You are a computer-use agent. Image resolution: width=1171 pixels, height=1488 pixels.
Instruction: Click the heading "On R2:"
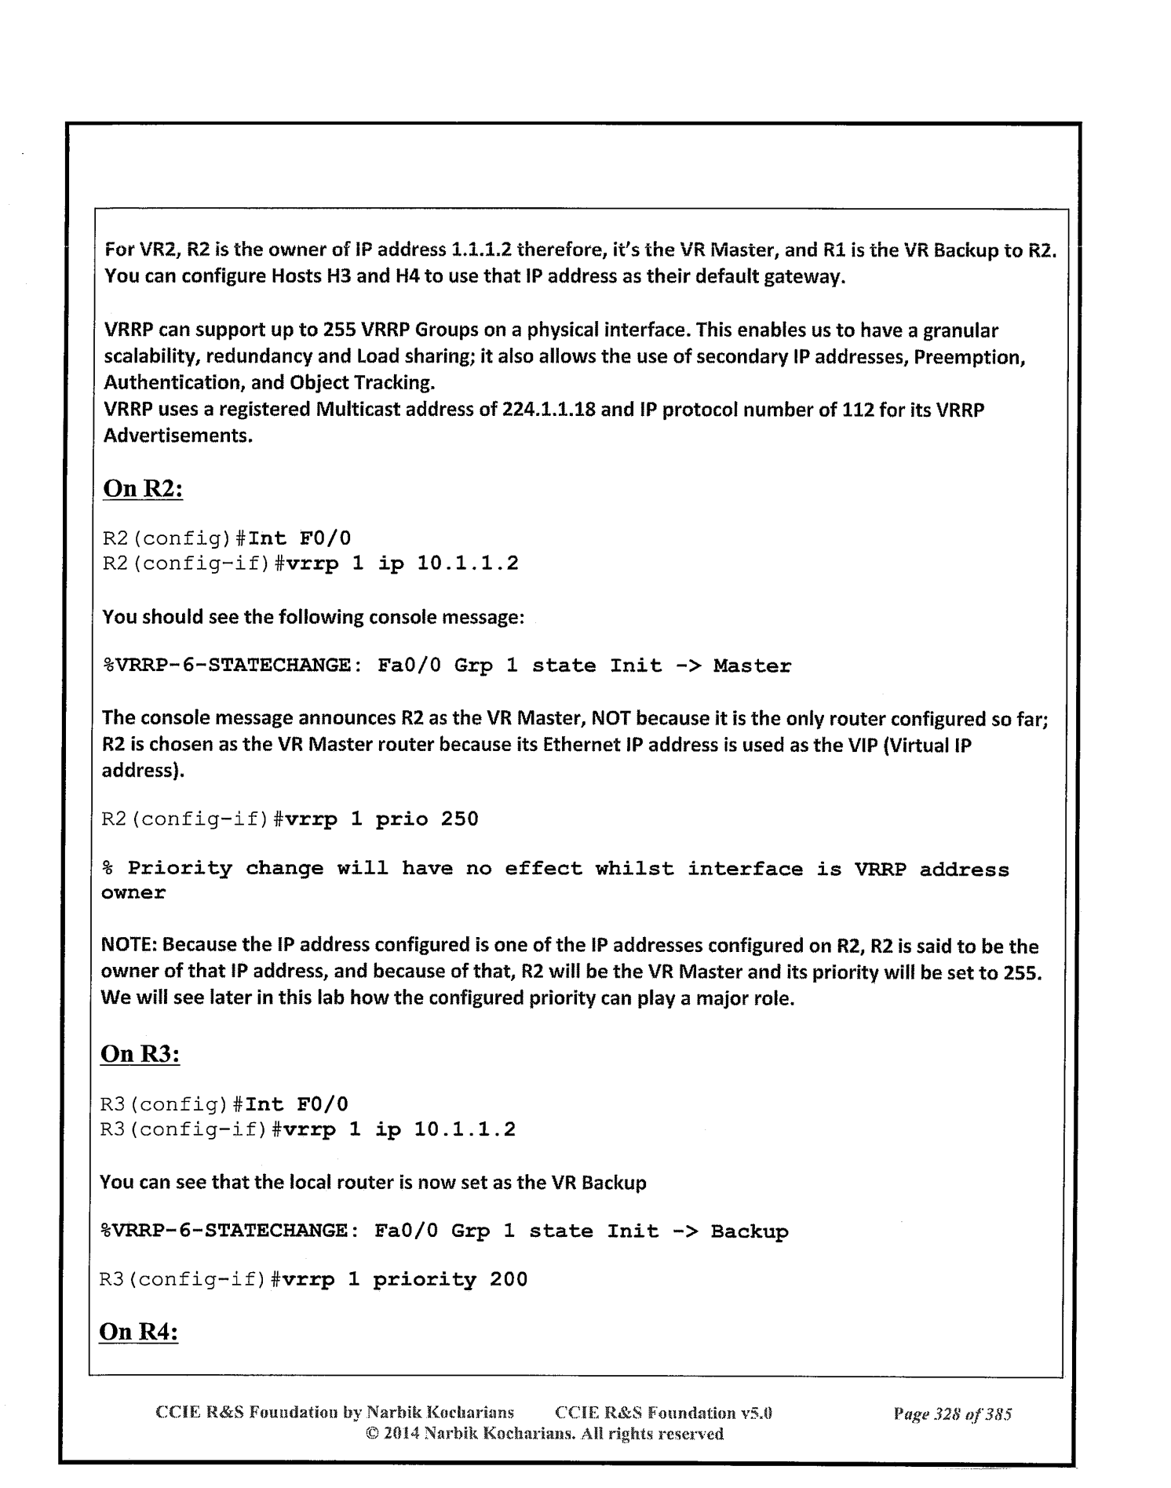(x=143, y=488)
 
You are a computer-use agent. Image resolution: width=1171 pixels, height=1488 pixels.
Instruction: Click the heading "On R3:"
(x=140, y=1053)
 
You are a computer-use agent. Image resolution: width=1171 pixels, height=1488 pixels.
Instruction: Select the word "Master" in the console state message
(x=752, y=666)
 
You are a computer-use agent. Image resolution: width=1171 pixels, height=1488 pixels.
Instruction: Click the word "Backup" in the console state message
(x=749, y=1231)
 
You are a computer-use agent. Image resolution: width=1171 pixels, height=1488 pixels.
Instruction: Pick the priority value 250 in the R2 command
(x=459, y=819)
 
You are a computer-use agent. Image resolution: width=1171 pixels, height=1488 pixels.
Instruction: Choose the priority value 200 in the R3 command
(x=509, y=1280)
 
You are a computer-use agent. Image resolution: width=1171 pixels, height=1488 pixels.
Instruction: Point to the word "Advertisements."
(x=178, y=436)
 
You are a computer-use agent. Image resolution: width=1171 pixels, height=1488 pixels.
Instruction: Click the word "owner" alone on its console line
(x=133, y=893)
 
